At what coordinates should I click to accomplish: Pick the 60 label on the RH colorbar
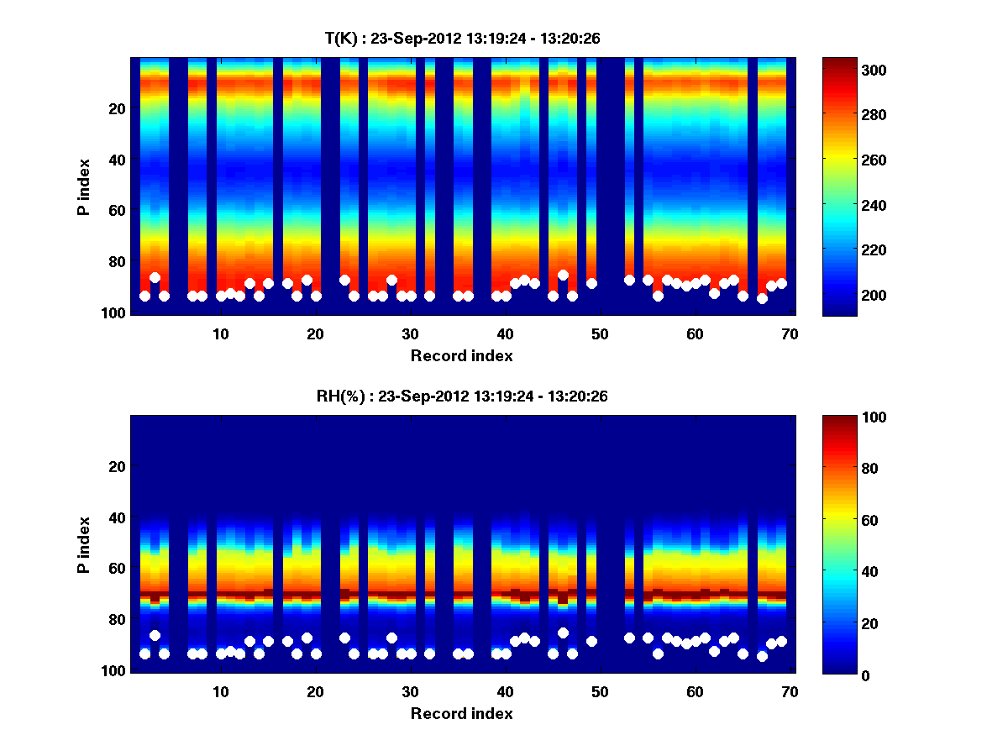845,521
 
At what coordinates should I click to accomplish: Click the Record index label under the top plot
461,355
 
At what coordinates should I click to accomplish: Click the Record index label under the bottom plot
461,713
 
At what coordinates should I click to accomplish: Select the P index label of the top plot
84,186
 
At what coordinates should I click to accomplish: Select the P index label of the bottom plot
84,544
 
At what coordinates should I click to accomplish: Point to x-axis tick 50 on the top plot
600,333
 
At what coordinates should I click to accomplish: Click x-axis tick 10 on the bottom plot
220,691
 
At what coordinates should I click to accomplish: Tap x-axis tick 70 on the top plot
790,333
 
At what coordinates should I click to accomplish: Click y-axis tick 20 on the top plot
117,108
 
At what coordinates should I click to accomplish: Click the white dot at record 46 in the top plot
563,276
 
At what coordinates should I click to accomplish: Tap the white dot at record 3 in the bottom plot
155,636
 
